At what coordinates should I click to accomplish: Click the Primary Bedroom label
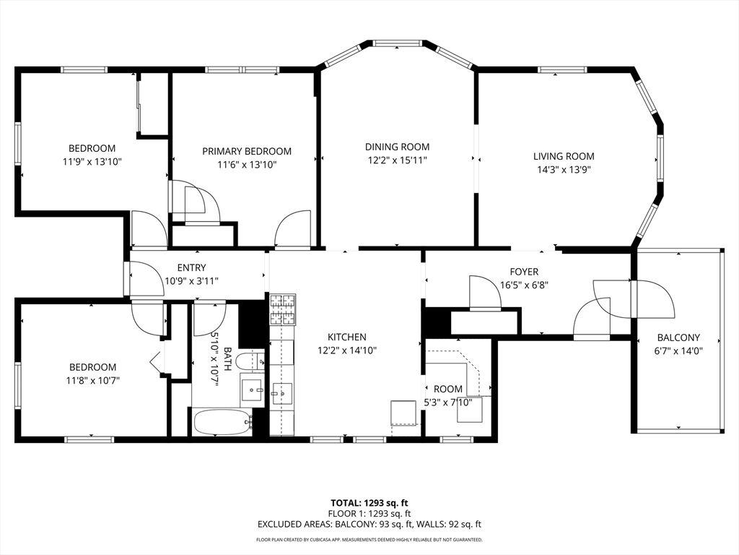(x=247, y=152)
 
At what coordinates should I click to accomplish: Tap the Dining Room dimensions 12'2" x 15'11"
(x=398, y=160)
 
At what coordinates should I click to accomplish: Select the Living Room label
(x=564, y=156)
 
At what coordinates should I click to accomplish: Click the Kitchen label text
(x=347, y=337)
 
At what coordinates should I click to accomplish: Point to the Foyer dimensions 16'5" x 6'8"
(x=524, y=285)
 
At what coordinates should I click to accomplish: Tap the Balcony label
(x=678, y=337)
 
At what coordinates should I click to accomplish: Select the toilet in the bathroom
(x=250, y=362)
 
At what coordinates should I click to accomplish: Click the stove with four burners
(x=282, y=309)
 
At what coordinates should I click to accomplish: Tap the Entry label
(x=191, y=268)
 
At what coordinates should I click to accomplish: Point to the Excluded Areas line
(x=369, y=524)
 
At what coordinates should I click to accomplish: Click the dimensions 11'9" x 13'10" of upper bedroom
(x=92, y=162)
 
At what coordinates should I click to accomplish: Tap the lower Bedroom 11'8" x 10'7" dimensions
(x=93, y=380)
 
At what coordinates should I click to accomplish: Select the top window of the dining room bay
(x=398, y=43)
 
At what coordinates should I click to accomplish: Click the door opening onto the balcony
(x=655, y=299)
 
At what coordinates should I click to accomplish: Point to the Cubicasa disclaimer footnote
(x=369, y=539)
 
